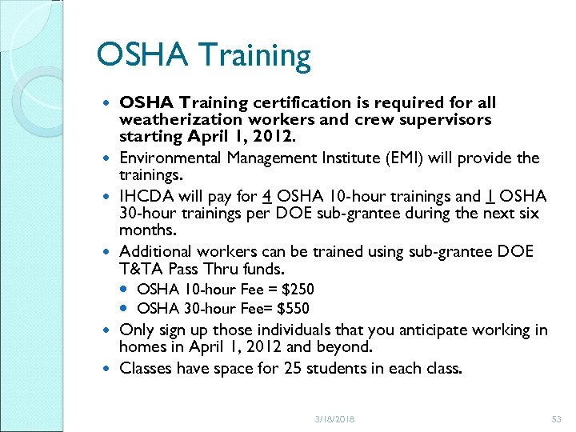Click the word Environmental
pos(170,158)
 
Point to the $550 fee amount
pos(294,309)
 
